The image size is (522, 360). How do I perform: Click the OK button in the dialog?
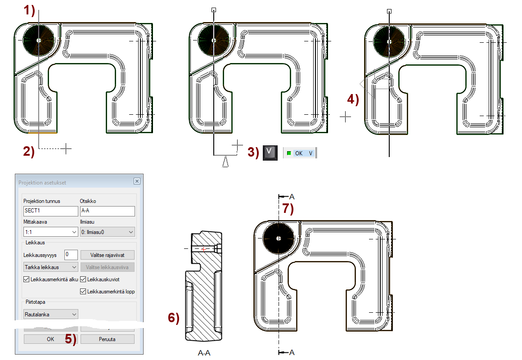point(50,339)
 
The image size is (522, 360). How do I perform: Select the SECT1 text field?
point(50,211)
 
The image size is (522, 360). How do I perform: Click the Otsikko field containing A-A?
point(107,211)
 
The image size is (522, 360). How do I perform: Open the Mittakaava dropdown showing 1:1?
point(50,232)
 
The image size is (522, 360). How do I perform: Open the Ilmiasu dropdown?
point(107,232)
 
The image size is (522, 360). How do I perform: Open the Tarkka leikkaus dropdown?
point(50,267)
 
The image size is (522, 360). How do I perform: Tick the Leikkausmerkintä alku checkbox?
point(26,279)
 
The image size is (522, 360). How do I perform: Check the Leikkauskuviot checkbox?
point(83,279)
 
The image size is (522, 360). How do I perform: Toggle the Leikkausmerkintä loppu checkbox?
point(83,292)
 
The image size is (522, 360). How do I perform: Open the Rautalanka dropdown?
point(50,314)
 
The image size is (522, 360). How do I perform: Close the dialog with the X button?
point(137,181)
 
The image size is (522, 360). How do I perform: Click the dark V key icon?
point(269,152)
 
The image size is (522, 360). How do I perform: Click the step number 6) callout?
point(174,318)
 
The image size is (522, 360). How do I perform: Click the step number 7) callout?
point(288,208)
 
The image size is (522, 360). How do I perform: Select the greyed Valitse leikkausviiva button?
point(107,267)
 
